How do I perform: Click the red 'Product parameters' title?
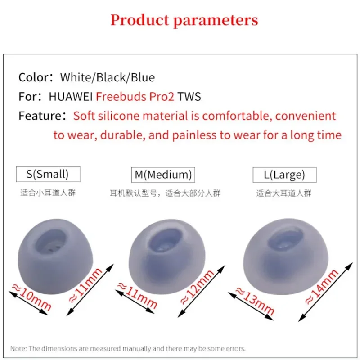(184, 20)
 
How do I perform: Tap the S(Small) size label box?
(47, 174)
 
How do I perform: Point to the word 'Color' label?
(33, 77)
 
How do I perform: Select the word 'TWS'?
(189, 97)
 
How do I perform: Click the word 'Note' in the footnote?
(18, 348)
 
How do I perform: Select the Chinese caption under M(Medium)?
(165, 194)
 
